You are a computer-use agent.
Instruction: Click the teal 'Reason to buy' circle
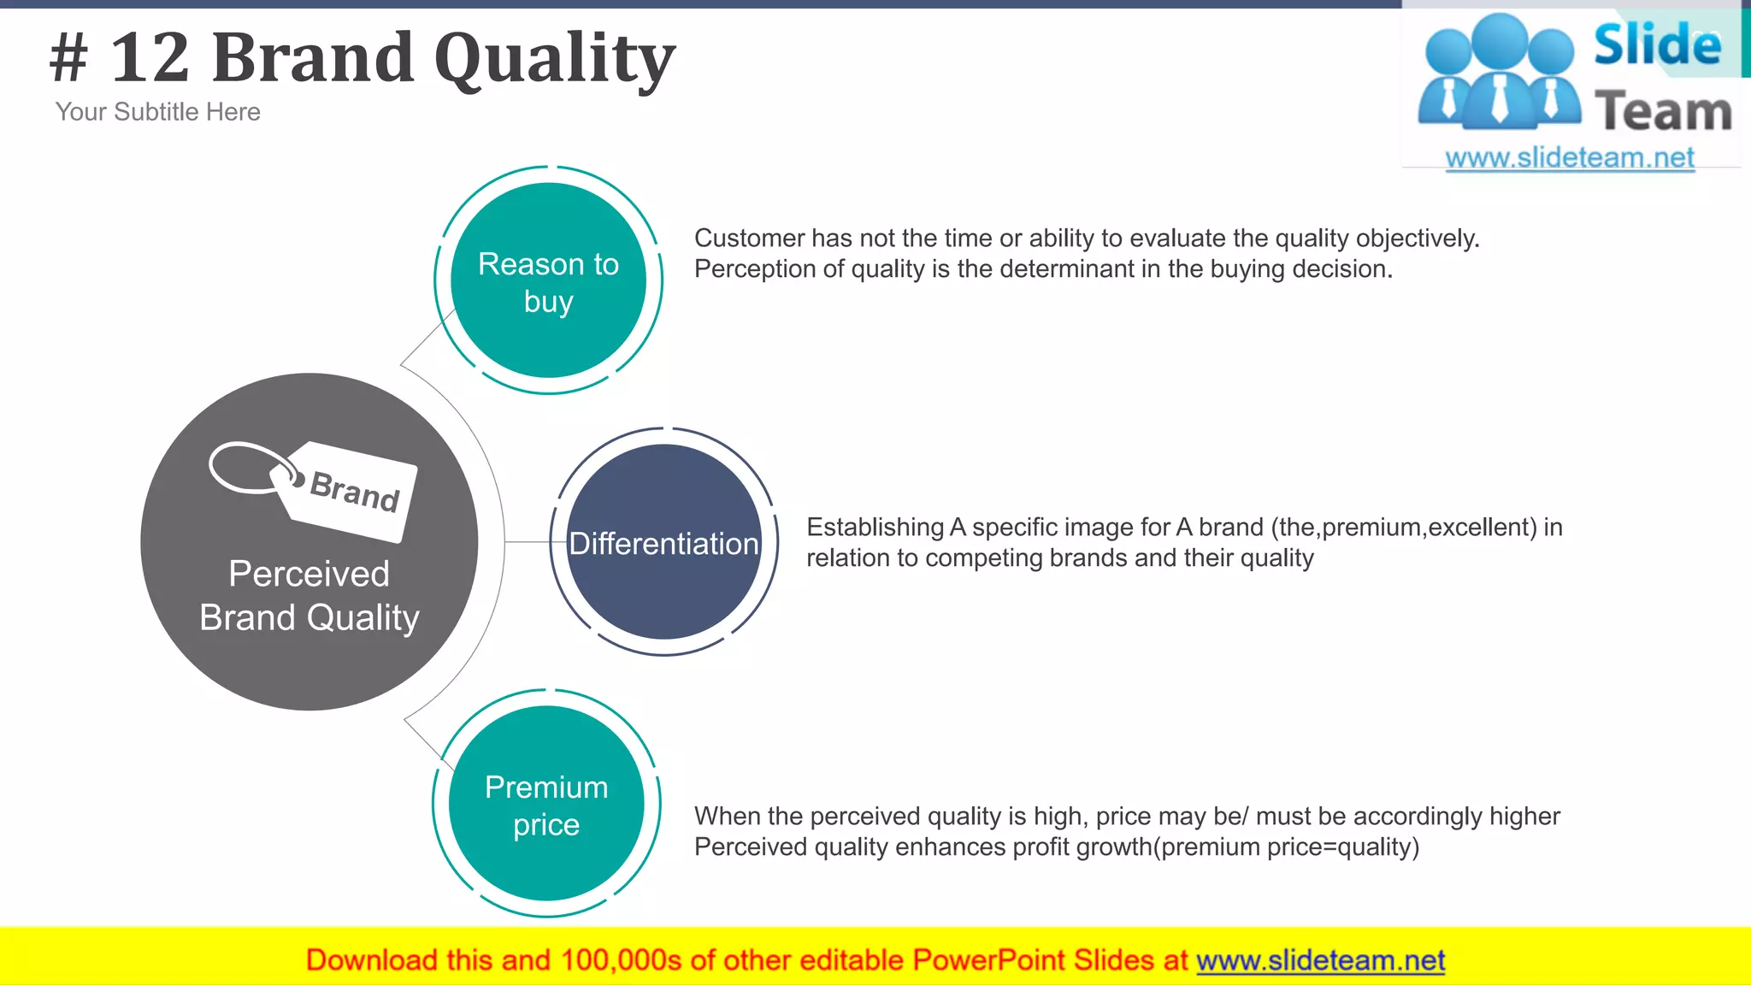548,280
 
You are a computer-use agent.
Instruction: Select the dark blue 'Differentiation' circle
664,542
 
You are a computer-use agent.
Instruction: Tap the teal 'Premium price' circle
546,804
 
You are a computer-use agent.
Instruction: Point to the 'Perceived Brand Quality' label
310,595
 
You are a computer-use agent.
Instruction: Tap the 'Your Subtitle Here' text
157,112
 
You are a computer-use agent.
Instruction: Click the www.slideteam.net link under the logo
1570,157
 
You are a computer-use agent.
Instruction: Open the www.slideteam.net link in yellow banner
1320,960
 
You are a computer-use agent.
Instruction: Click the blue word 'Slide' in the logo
1657,44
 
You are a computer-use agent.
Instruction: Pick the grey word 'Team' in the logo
1663,111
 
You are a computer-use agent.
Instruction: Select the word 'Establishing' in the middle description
875,527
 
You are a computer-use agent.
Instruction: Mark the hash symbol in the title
68,58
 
